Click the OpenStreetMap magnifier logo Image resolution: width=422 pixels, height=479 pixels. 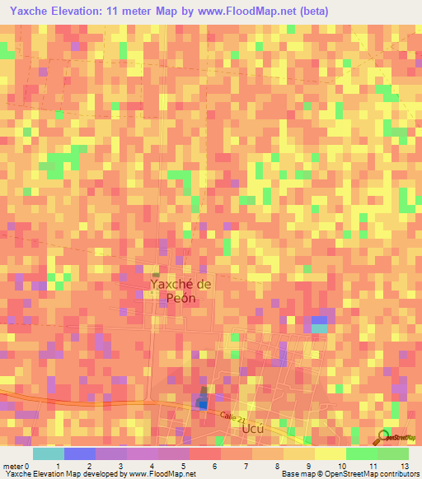tap(384, 436)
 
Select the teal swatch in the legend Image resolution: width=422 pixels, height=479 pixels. tap(49, 453)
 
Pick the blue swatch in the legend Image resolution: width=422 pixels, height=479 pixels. tap(80, 453)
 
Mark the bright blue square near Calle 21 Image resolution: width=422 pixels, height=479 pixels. tap(202, 403)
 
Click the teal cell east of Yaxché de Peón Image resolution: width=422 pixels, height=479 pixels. tap(318, 328)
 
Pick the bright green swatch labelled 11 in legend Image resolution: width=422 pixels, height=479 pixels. tap(361, 453)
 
